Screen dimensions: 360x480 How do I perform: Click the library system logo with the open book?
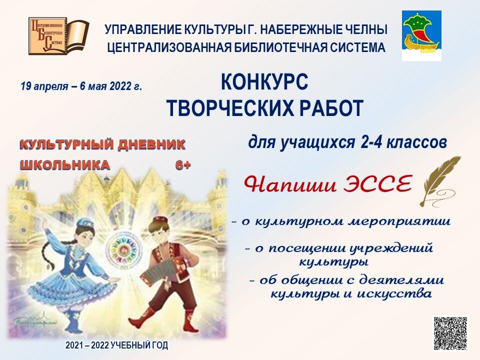58,36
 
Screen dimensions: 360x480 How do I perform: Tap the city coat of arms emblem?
421,35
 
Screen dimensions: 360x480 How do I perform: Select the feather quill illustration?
439,180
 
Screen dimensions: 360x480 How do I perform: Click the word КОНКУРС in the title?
264,83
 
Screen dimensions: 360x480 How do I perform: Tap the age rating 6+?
182,165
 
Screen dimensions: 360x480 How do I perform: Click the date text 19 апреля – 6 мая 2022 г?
81,86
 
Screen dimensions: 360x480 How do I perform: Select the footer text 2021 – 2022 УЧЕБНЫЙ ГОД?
117,345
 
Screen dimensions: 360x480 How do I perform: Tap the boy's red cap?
160,220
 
